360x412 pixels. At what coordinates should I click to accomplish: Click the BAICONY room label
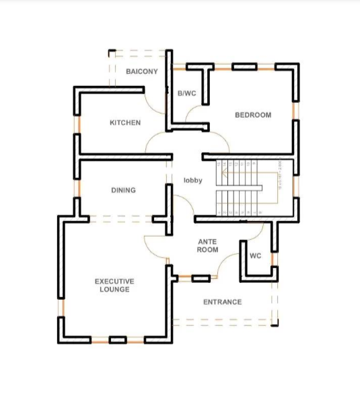pyautogui.click(x=141, y=71)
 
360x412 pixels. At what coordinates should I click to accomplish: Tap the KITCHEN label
pyautogui.click(x=125, y=122)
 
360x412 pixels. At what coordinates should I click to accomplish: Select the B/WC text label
pyautogui.click(x=186, y=93)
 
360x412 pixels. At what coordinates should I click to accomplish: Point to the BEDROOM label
pyautogui.click(x=253, y=115)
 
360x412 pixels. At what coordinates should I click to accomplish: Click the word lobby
pyautogui.click(x=193, y=180)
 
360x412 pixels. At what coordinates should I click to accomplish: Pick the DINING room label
pyautogui.click(x=123, y=190)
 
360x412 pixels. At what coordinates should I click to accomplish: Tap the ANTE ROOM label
pyautogui.click(x=207, y=245)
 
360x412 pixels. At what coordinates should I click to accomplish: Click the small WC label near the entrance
pyautogui.click(x=256, y=256)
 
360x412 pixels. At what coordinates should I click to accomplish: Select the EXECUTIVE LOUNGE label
pyautogui.click(x=114, y=285)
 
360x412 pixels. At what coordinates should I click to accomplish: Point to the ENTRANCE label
pyautogui.click(x=222, y=302)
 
